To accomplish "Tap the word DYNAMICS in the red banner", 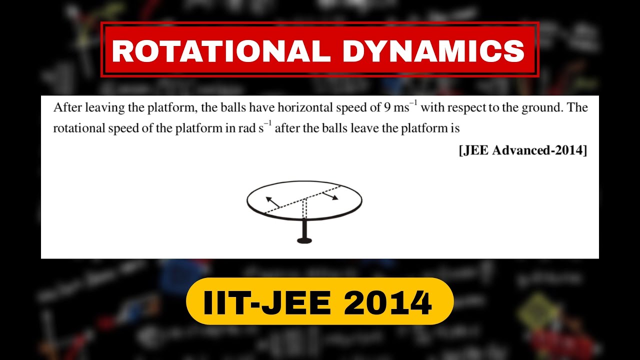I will [430, 50].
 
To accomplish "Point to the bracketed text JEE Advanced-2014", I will [523, 150].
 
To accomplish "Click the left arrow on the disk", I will [272, 202].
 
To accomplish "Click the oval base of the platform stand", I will [304, 241].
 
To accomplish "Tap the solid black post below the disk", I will [304, 229].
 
